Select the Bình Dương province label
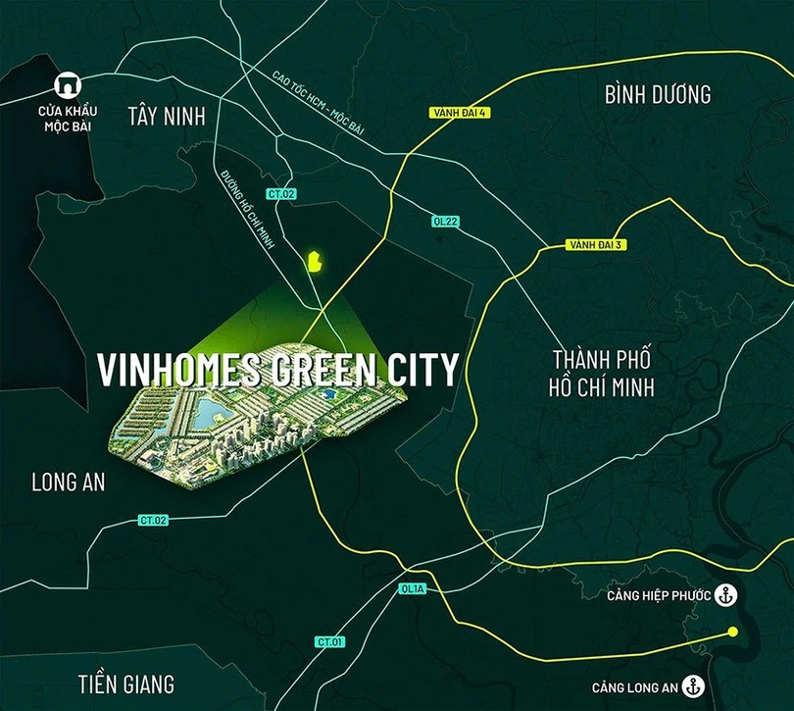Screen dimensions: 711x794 [657, 94]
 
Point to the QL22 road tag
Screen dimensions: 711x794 [445, 222]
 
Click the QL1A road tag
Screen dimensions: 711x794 [412, 590]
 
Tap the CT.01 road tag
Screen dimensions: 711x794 [330, 641]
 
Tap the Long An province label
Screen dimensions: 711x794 [68, 482]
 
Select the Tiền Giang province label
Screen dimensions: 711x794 [125, 683]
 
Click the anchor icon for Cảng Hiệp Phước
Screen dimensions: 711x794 [726, 593]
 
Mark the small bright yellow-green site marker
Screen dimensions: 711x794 [315, 261]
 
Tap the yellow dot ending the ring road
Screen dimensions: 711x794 [732, 633]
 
